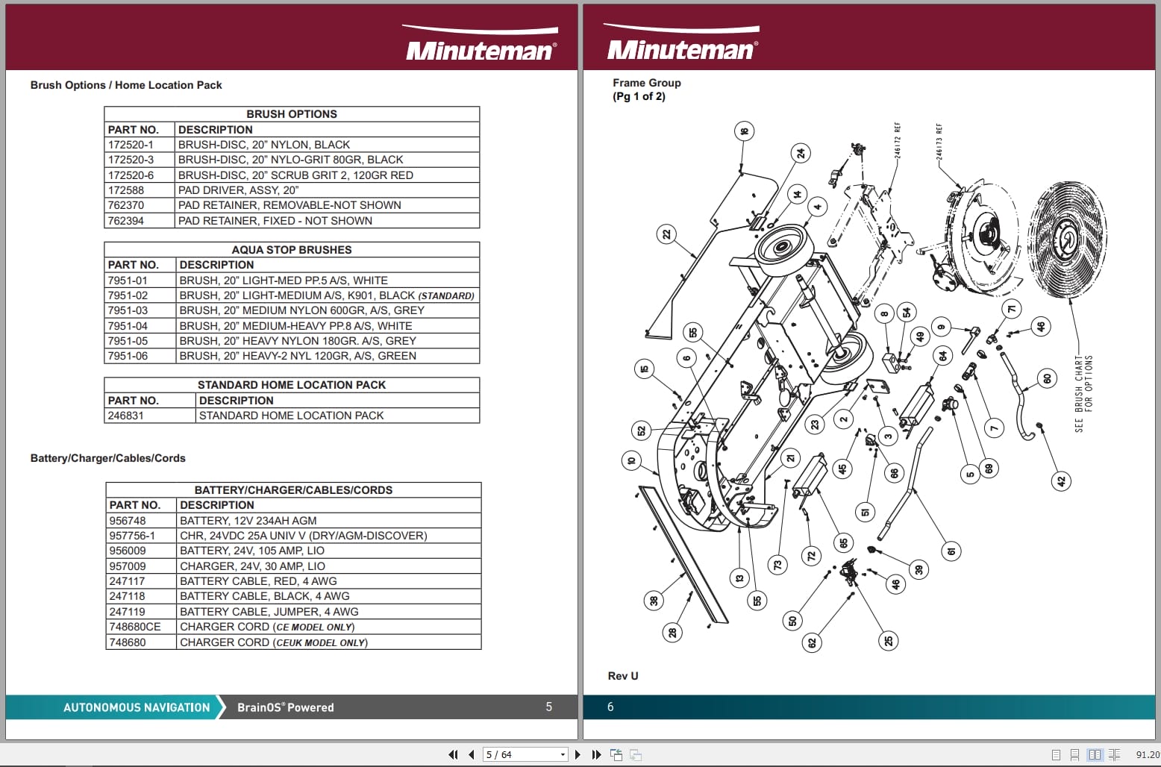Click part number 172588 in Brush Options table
[x=125, y=190]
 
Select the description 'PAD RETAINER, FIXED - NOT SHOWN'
[x=275, y=221]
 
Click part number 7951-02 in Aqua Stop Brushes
[x=128, y=295]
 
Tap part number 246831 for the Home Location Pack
[x=125, y=416]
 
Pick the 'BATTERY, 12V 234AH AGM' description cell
[x=248, y=521]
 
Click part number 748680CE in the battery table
[x=134, y=627]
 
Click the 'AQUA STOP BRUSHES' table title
[x=291, y=250]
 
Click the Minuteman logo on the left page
[x=480, y=46]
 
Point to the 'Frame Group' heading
[x=646, y=83]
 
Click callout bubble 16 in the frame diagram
[x=744, y=132]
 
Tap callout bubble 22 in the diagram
[x=666, y=234]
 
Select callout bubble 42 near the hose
[x=1061, y=481]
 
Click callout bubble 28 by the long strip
[x=672, y=633]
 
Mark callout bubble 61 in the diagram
[x=951, y=551]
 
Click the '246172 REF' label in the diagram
[x=898, y=140]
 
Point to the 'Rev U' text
[x=623, y=676]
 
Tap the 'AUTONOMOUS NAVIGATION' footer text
[x=137, y=707]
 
